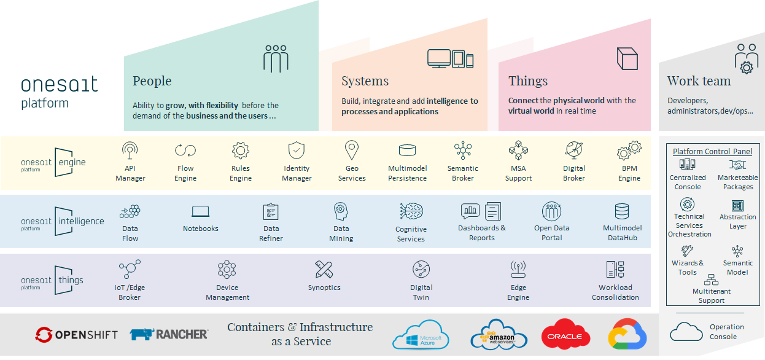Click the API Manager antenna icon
[x=130, y=151]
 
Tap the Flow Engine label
[x=185, y=173]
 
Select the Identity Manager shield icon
[x=297, y=151]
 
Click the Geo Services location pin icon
[x=352, y=150]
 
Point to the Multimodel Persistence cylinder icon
[x=407, y=151]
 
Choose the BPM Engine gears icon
[x=629, y=151]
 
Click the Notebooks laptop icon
[x=201, y=211]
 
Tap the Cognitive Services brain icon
[x=411, y=212]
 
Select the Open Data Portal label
[x=552, y=233]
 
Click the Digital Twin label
[x=421, y=292]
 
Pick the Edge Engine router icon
[x=518, y=269]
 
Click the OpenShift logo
[x=77, y=335]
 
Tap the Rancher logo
[x=169, y=334]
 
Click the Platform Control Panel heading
[x=712, y=152]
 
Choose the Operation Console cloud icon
[x=686, y=332]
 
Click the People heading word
[x=152, y=81]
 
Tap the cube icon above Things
[x=627, y=59]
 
